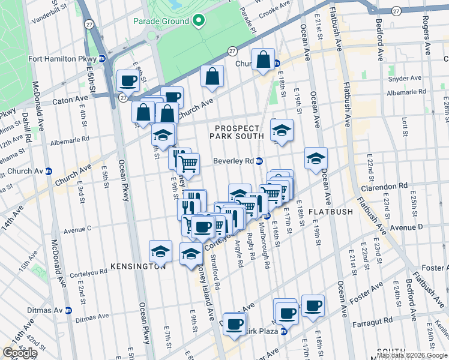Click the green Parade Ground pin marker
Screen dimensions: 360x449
click(199, 21)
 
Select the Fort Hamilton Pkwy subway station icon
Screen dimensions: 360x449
click(102, 59)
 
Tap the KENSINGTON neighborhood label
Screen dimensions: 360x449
click(138, 266)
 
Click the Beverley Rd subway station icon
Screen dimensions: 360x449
click(260, 161)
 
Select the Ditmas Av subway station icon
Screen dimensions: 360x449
click(68, 310)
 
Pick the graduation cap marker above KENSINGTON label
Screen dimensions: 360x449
click(160, 251)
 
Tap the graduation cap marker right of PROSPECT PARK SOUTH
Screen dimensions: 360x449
click(282, 129)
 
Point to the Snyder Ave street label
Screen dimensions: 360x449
click(404, 79)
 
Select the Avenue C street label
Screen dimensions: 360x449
click(77, 229)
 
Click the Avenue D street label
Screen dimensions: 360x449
click(408, 227)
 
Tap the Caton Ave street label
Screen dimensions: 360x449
click(70, 98)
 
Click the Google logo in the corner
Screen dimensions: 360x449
click(20, 353)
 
